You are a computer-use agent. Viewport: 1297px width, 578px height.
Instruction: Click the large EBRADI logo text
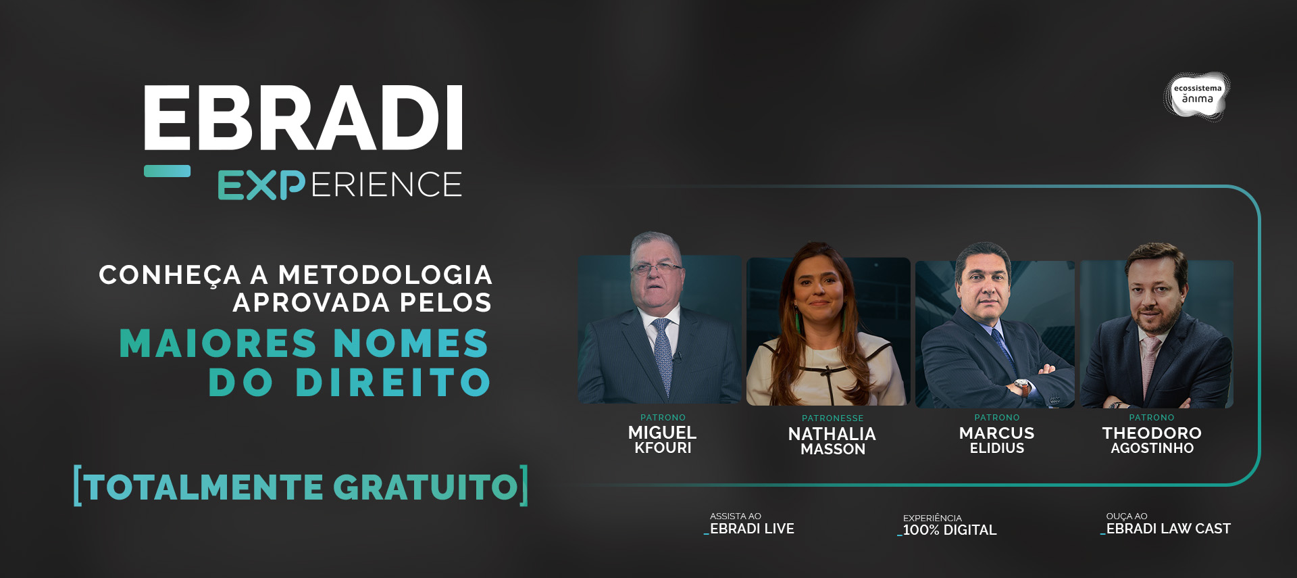pyautogui.click(x=303, y=118)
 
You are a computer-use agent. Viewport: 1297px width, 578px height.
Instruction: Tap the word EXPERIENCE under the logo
pyautogui.click(x=340, y=185)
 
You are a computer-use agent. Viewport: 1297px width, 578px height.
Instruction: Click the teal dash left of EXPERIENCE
pyautogui.click(x=167, y=171)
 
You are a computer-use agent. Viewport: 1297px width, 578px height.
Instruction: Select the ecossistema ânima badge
pyautogui.click(x=1197, y=95)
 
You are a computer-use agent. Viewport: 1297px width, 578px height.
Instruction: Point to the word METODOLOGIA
pyautogui.click(x=385, y=275)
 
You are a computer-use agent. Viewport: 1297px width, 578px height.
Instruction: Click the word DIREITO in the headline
pyautogui.click(x=392, y=382)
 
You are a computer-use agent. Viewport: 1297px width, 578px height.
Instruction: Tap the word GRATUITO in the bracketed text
pyautogui.click(x=426, y=486)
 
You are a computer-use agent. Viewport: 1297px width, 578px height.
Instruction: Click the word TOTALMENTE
pyautogui.click(x=205, y=487)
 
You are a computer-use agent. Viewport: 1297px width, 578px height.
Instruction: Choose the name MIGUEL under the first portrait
pyautogui.click(x=662, y=433)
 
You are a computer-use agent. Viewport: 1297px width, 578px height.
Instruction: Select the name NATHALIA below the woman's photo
pyautogui.click(x=832, y=434)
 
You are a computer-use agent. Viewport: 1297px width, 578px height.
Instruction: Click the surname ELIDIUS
pyautogui.click(x=997, y=448)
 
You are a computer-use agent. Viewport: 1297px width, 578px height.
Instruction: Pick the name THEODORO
pyautogui.click(x=1152, y=433)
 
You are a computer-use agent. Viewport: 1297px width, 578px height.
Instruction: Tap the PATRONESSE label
pyautogui.click(x=832, y=418)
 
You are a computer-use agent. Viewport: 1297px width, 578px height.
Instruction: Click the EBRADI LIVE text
pyautogui.click(x=752, y=529)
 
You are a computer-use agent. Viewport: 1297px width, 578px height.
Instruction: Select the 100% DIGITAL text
pyautogui.click(x=950, y=530)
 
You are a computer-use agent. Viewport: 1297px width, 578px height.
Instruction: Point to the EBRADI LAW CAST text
pyautogui.click(x=1168, y=529)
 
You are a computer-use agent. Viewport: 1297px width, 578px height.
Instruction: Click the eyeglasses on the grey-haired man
pyautogui.click(x=655, y=268)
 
